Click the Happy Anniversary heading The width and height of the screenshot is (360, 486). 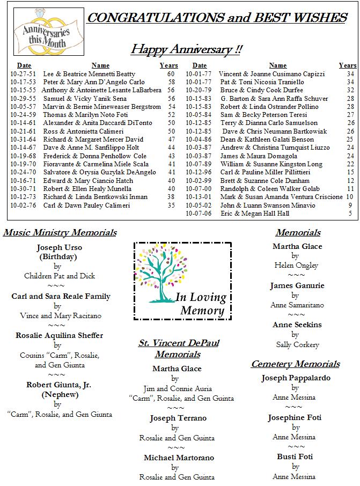pyautogui.click(x=186, y=50)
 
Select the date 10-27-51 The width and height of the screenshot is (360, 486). pyautogui.click(x=23, y=74)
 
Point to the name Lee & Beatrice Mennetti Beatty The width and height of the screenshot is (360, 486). pyautogui.click(x=89, y=74)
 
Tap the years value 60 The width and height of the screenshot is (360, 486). pyautogui.click(x=171, y=74)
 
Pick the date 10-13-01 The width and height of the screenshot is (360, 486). pyautogui.click(x=199, y=197)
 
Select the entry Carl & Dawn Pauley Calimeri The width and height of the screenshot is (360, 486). pyautogui.click(x=86, y=205)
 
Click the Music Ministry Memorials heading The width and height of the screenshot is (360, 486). pyautogui.click(x=60, y=233)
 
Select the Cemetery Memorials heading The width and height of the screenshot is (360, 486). pyautogui.click(x=295, y=364)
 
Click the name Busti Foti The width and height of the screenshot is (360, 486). pyautogui.click(x=295, y=456)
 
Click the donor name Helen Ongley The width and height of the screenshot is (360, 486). pyautogui.click(x=296, y=266)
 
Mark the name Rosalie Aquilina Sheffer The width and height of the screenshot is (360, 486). pyautogui.click(x=59, y=335)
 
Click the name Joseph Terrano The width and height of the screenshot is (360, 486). pyautogui.click(x=178, y=418)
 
